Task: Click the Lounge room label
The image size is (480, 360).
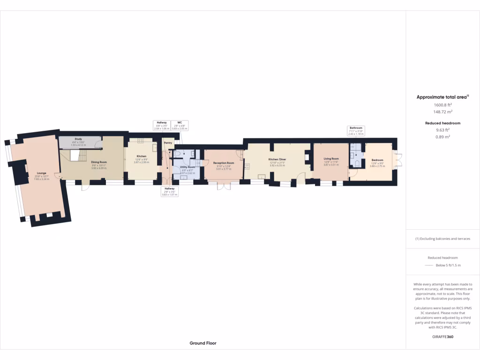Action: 41,173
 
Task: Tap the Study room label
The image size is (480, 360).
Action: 78,139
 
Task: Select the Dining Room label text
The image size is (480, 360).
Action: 99,162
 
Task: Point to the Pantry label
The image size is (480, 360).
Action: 168,142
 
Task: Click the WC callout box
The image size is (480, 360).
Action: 180,125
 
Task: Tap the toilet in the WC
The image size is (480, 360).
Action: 178,153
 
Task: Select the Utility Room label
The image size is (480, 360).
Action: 187,167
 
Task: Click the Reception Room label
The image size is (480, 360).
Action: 223,163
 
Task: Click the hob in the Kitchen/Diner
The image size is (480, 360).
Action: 247,165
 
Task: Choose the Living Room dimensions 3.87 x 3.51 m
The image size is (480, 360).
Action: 331,165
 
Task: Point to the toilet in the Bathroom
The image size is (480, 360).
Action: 358,163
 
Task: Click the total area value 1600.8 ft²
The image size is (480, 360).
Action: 442,105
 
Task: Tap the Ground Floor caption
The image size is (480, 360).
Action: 202,343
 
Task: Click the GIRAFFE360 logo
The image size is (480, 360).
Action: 442,337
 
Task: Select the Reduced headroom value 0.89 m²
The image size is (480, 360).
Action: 442,137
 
